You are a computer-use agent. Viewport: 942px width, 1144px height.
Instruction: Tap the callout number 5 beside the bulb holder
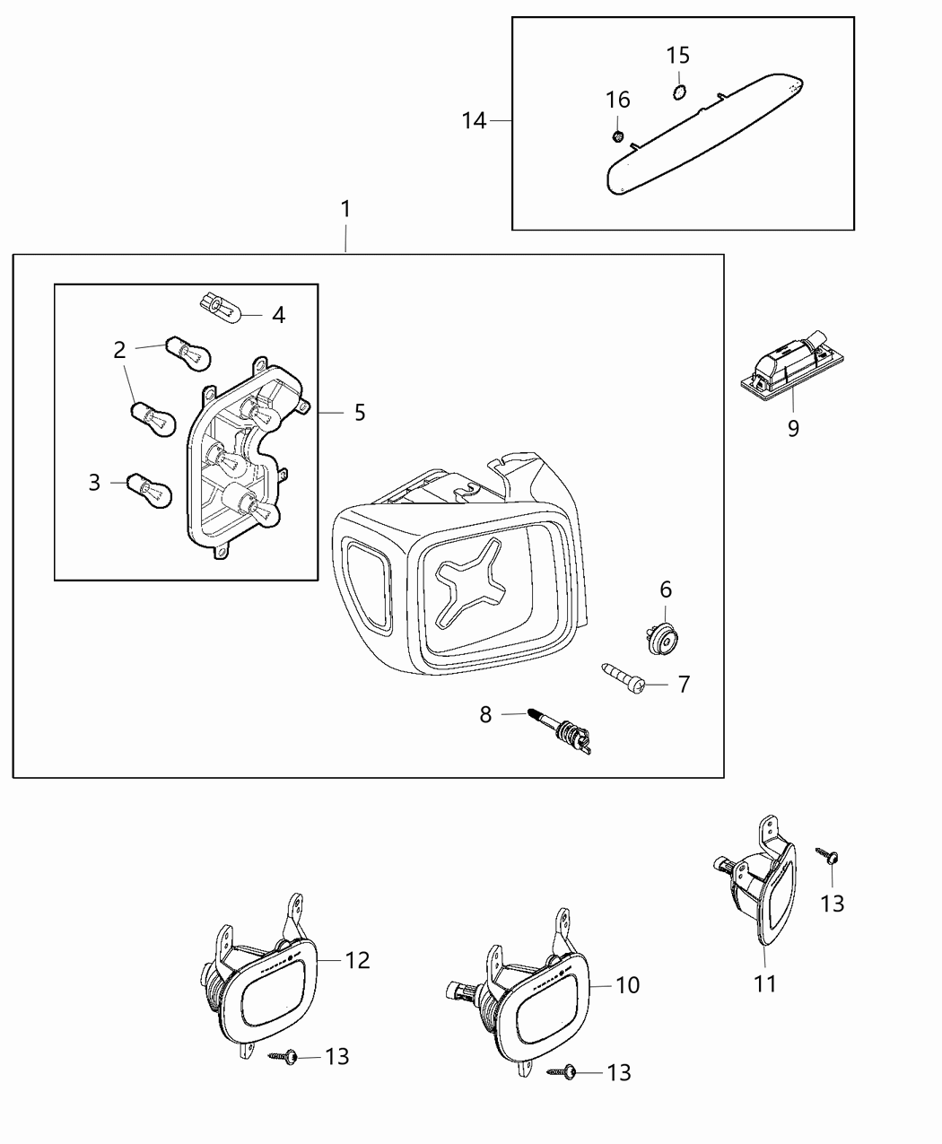point(359,412)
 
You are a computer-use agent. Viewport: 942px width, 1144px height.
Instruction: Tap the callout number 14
point(474,120)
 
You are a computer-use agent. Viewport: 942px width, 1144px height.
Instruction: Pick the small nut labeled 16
point(618,135)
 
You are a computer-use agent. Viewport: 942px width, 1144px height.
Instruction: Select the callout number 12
point(357,960)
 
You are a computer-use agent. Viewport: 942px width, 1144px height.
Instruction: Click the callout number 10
point(628,984)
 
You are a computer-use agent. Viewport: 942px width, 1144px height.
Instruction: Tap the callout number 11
point(764,984)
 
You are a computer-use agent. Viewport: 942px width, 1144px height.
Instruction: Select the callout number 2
point(119,350)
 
